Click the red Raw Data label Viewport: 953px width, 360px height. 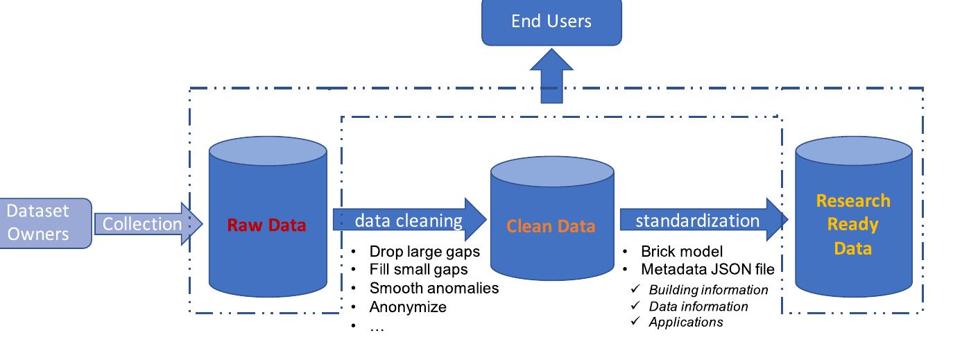[x=266, y=225]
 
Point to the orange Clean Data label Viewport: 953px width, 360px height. [x=551, y=226]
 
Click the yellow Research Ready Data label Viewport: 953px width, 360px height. [x=852, y=225]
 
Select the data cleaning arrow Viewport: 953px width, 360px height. [x=409, y=221]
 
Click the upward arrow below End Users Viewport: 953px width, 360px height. [x=551, y=76]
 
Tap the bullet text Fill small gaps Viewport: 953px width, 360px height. [x=418, y=269]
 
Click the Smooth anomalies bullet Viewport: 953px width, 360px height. [x=433, y=287]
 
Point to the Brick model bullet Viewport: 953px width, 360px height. [x=681, y=251]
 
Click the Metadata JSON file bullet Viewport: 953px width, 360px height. [x=707, y=269]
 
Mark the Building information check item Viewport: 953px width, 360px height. [x=708, y=289]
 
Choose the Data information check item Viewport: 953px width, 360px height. [x=698, y=306]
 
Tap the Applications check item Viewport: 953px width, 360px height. [x=685, y=322]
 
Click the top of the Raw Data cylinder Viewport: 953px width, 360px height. [x=268, y=151]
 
